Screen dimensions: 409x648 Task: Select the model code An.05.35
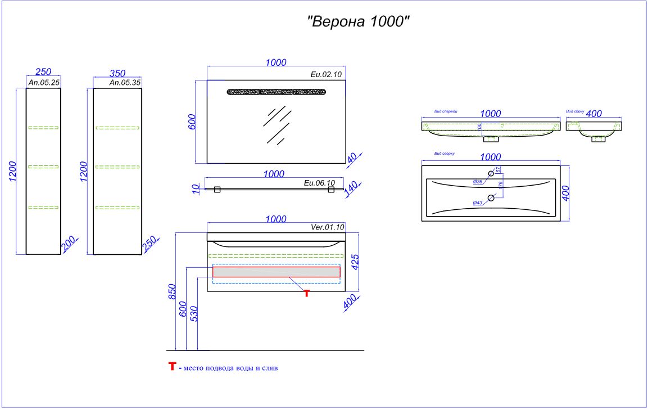pos(124,82)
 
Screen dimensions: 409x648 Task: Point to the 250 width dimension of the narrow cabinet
pos(43,72)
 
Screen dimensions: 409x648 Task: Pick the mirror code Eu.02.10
pos(326,74)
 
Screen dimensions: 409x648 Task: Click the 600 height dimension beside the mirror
pos(192,122)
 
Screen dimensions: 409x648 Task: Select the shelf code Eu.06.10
pos(319,183)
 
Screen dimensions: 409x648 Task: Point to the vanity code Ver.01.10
pos(327,227)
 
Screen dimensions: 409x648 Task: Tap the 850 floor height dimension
pos(173,291)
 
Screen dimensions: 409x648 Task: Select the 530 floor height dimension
pos(194,313)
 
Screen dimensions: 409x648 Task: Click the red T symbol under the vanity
pos(306,293)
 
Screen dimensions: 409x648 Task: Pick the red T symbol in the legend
pos(173,367)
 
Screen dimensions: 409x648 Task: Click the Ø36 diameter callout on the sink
pos(478,181)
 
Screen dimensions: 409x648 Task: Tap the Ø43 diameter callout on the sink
pos(478,203)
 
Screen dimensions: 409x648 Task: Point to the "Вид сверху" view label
pos(444,153)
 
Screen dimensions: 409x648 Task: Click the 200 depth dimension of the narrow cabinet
pos(68,244)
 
